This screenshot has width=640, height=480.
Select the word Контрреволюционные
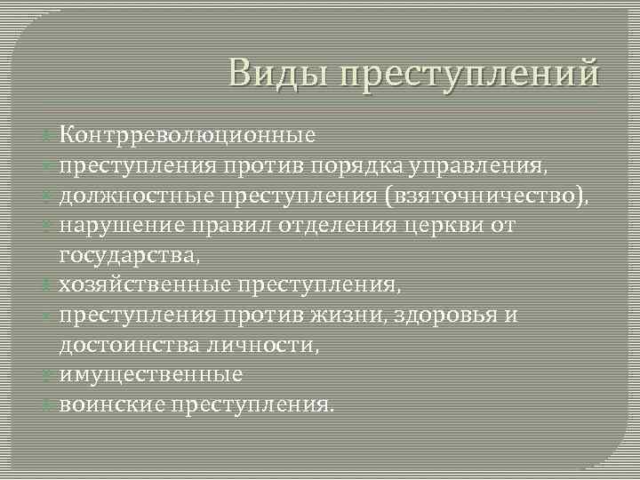(x=188, y=135)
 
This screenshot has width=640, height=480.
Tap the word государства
(x=130, y=256)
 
